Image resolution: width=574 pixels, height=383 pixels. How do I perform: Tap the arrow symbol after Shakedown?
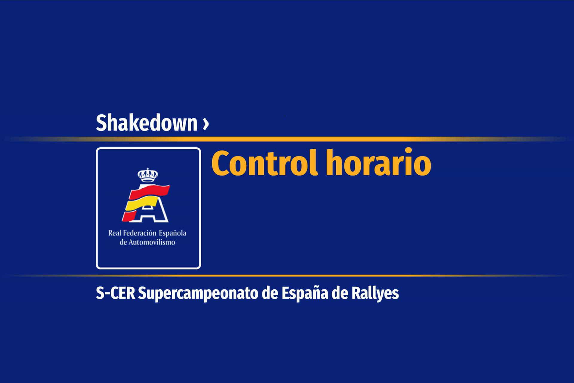coord(205,124)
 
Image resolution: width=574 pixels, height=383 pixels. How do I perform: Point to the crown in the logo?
coord(147,175)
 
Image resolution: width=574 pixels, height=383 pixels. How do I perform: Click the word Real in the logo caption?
coord(114,233)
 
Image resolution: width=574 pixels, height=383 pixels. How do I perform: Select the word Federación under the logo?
coord(139,233)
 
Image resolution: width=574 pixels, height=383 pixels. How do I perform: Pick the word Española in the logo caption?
coord(172,233)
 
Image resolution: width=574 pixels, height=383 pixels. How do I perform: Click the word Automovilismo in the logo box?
coord(152,242)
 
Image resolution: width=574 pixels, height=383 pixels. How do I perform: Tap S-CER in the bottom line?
coord(116,294)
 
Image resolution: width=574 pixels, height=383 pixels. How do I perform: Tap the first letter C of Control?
coord(222,164)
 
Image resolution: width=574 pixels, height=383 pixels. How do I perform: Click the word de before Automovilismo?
coord(123,242)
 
